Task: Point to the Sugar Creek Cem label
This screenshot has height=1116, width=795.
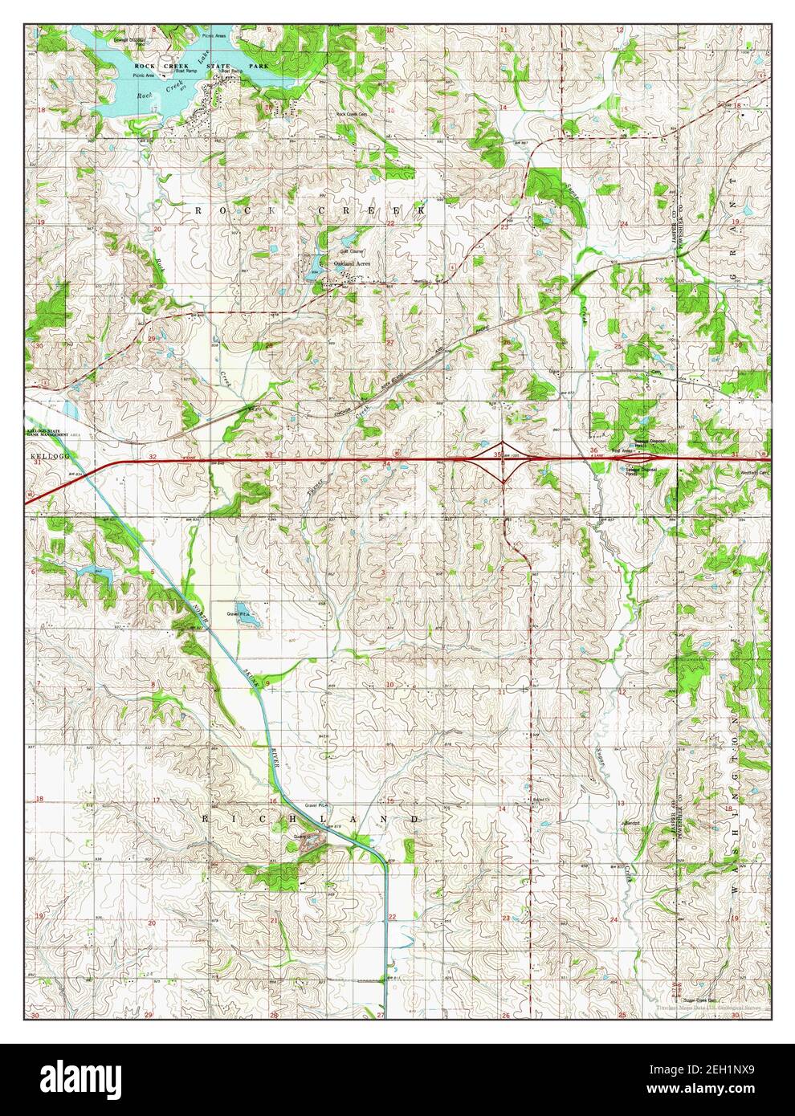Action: tap(701, 1000)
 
